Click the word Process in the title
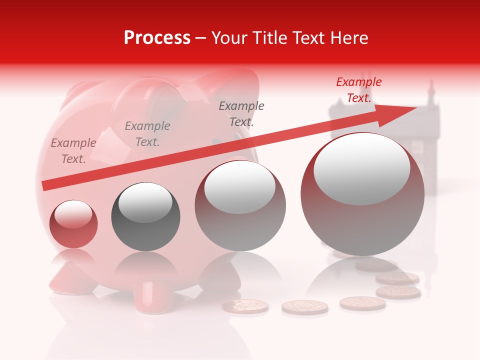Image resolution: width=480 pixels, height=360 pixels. click(x=157, y=38)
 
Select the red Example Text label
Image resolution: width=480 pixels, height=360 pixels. click(x=358, y=90)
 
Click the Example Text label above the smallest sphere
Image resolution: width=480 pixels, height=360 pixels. click(x=73, y=151)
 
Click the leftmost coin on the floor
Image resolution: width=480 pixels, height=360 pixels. click(x=245, y=305)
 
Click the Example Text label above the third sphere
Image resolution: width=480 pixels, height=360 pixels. click(x=241, y=113)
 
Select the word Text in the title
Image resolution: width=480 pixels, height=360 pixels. click(x=305, y=38)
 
